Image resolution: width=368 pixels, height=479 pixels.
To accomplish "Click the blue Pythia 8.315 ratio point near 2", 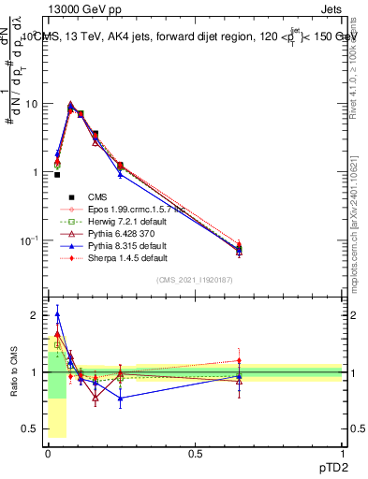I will click(57, 315).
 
